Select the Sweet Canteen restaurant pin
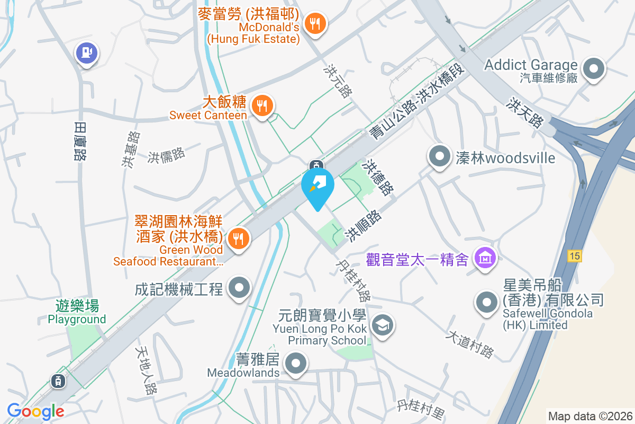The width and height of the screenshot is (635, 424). pyautogui.click(x=261, y=105)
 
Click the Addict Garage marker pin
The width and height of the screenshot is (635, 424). pyautogui.click(x=593, y=69)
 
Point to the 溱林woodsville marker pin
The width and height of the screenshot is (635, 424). pyautogui.click(x=439, y=157)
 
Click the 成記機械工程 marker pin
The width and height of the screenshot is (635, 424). pyautogui.click(x=239, y=289)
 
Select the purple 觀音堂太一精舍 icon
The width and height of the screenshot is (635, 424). pyautogui.click(x=485, y=258)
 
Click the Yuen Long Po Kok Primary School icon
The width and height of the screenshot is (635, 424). pyautogui.click(x=381, y=325)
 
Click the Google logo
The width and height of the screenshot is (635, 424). pyautogui.click(x=35, y=411)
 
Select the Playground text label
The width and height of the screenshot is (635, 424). pyautogui.click(x=77, y=319)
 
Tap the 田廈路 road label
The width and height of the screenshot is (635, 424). pyautogui.click(x=80, y=141)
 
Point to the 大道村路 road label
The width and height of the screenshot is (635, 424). pyautogui.click(x=469, y=344)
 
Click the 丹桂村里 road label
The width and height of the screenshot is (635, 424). pyautogui.click(x=421, y=407)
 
